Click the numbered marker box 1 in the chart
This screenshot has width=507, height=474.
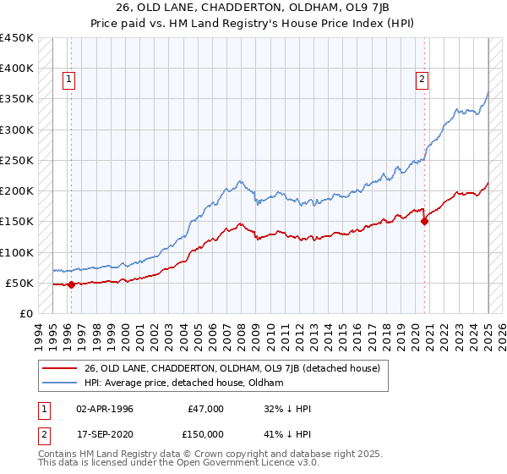[68, 80]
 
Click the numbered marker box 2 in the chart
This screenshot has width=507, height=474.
[421, 80]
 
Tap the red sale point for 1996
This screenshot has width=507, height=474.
[71, 284]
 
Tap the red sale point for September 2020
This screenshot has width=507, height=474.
[424, 222]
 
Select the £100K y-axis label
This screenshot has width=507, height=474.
[18, 252]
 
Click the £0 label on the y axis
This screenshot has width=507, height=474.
[27, 313]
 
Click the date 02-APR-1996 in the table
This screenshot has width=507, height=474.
[103, 409]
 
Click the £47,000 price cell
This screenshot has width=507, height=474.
[206, 409]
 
